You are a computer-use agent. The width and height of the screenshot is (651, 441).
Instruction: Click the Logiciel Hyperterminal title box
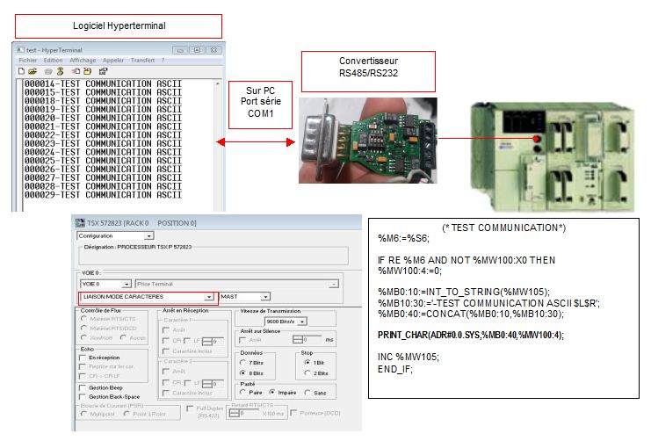pos(118,25)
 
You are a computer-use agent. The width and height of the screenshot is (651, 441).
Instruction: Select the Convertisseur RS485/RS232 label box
pos(368,71)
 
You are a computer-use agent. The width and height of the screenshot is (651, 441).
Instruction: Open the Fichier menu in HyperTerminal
pos(27,60)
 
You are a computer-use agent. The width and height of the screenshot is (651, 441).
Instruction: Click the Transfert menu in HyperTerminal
pos(142,60)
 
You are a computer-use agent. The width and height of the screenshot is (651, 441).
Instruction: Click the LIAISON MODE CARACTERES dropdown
pos(146,297)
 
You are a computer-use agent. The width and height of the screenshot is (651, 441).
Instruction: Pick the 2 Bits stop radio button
pos(307,373)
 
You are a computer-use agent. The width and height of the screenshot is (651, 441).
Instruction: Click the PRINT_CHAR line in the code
pos(470,335)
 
